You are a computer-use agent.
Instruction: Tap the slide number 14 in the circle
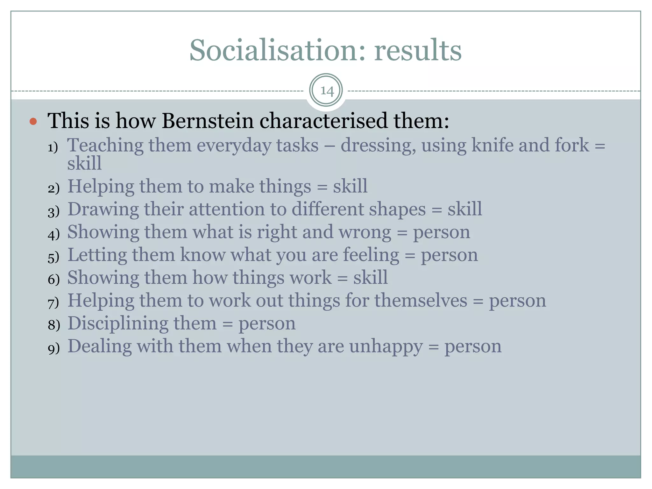coord(326,91)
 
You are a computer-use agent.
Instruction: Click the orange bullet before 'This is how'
coord(33,121)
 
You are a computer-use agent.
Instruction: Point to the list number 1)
coord(53,148)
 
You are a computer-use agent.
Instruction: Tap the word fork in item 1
coord(571,145)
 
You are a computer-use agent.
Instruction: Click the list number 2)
coord(53,189)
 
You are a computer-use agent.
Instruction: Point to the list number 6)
coord(53,280)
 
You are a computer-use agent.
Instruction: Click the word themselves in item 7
coord(420,301)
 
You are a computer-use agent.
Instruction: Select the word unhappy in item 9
coord(386,346)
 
